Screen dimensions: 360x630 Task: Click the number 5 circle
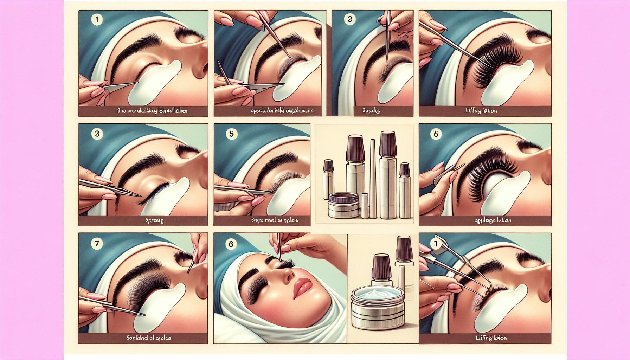coord(231,134)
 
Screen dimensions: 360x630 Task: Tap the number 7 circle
coord(96,244)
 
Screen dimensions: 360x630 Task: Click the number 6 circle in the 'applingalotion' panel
coord(436,134)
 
